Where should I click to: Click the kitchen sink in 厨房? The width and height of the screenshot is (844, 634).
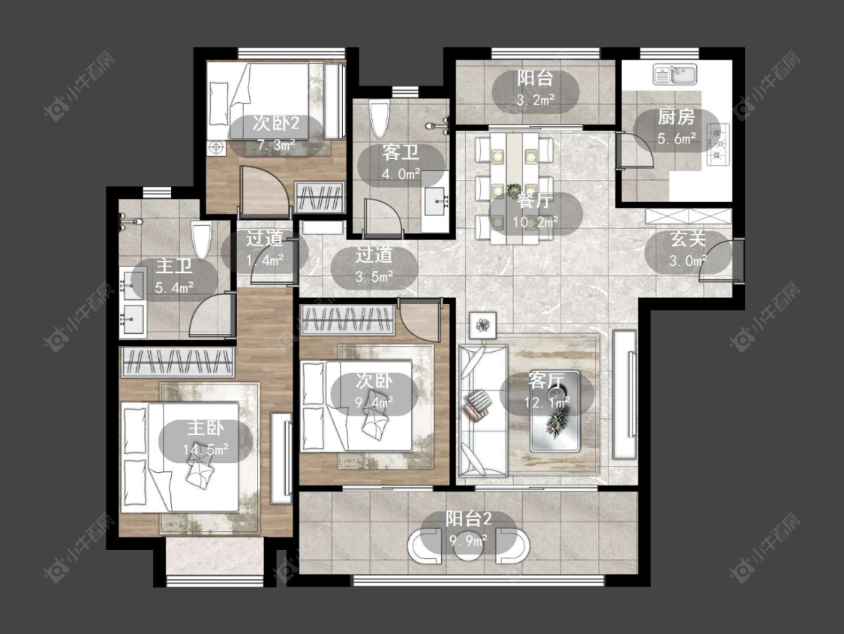pyautogui.click(x=675, y=74)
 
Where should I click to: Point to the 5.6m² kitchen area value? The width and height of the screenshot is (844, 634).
pyautogui.click(x=677, y=138)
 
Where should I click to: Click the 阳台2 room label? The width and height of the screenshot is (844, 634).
pyautogui.click(x=468, y=519)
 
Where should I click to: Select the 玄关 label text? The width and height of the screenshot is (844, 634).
pyautogui.click(x=688, y=239)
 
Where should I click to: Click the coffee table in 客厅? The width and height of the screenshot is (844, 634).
pyautogui.click(x=555, y=411)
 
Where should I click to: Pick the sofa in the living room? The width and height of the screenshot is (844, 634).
pyautogui.click(x=482, y=410)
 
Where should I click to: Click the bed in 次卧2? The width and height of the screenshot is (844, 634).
pyautogui.click(x=259, y=102)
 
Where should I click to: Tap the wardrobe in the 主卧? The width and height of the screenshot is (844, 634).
pyautogui.click(x=178, y=362)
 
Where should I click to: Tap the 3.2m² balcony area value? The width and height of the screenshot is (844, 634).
pyautogui.click(x=536, y=100)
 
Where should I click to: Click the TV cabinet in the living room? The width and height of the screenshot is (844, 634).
pyautogui.click(x=624, y=395)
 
